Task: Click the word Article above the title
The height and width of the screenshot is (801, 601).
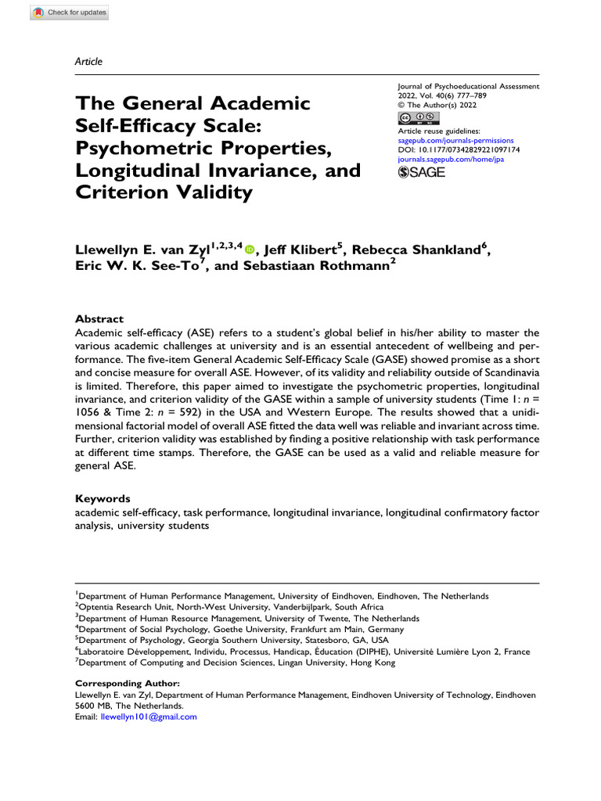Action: [x=88, y=61]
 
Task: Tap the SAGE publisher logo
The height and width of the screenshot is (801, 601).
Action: [x=422, y=172]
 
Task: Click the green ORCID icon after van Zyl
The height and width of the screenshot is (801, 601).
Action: [x=250, y=250]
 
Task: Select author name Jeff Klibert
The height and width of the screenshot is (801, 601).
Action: [x=300, y=250]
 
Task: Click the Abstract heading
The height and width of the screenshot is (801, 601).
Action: [x=99, y=319]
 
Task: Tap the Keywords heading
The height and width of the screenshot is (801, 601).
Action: [x=103, y=498]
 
